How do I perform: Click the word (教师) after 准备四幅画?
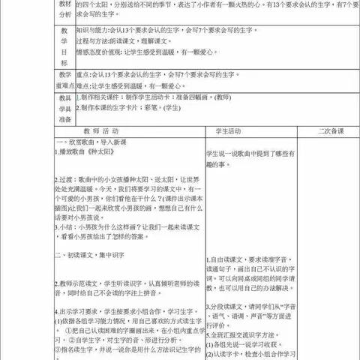pyautogui.click(x=202, y=97)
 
